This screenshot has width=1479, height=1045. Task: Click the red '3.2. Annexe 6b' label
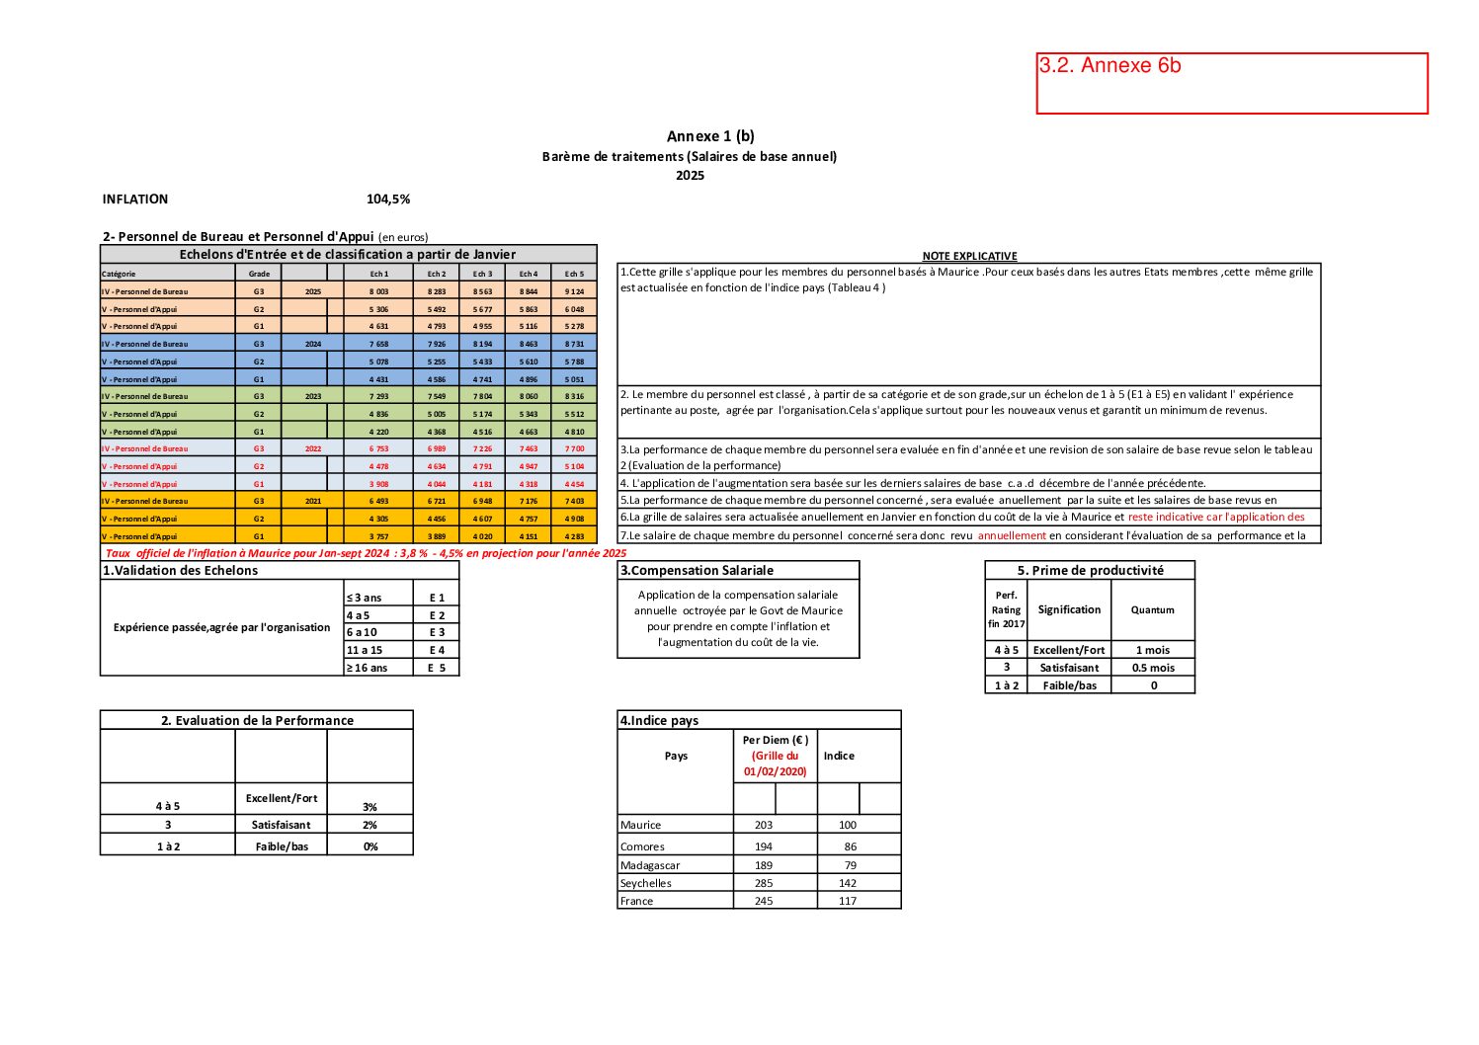point(1109,65)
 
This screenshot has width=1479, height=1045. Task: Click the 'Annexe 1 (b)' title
point(710,136)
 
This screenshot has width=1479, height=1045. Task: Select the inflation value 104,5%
point(388,200)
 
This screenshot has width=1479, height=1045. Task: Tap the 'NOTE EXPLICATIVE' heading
point(969,256)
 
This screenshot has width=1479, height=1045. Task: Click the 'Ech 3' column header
point(482,274)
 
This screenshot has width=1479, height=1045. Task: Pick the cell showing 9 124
point(574,291)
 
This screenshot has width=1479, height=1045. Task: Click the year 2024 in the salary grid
point(313,345)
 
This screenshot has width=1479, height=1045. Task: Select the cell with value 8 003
point(379,291)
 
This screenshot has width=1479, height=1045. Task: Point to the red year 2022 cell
point(313,448)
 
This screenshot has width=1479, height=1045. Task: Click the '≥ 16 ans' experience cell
point(367,668)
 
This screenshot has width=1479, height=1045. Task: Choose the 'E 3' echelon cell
point(437,632)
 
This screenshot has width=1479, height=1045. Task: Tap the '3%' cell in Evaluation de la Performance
point(370,807)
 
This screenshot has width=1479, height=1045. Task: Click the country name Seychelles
point(646,883)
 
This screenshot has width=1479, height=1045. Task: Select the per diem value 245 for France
point(764,901)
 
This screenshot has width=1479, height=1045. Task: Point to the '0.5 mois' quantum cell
point(1153,668)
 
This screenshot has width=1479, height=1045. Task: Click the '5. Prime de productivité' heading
point(1090,570)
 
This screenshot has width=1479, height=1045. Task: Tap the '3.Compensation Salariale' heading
point(698,570)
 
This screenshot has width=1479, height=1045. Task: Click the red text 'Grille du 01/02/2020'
point(775,764)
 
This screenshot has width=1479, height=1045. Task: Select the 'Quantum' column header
point(1153,610)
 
